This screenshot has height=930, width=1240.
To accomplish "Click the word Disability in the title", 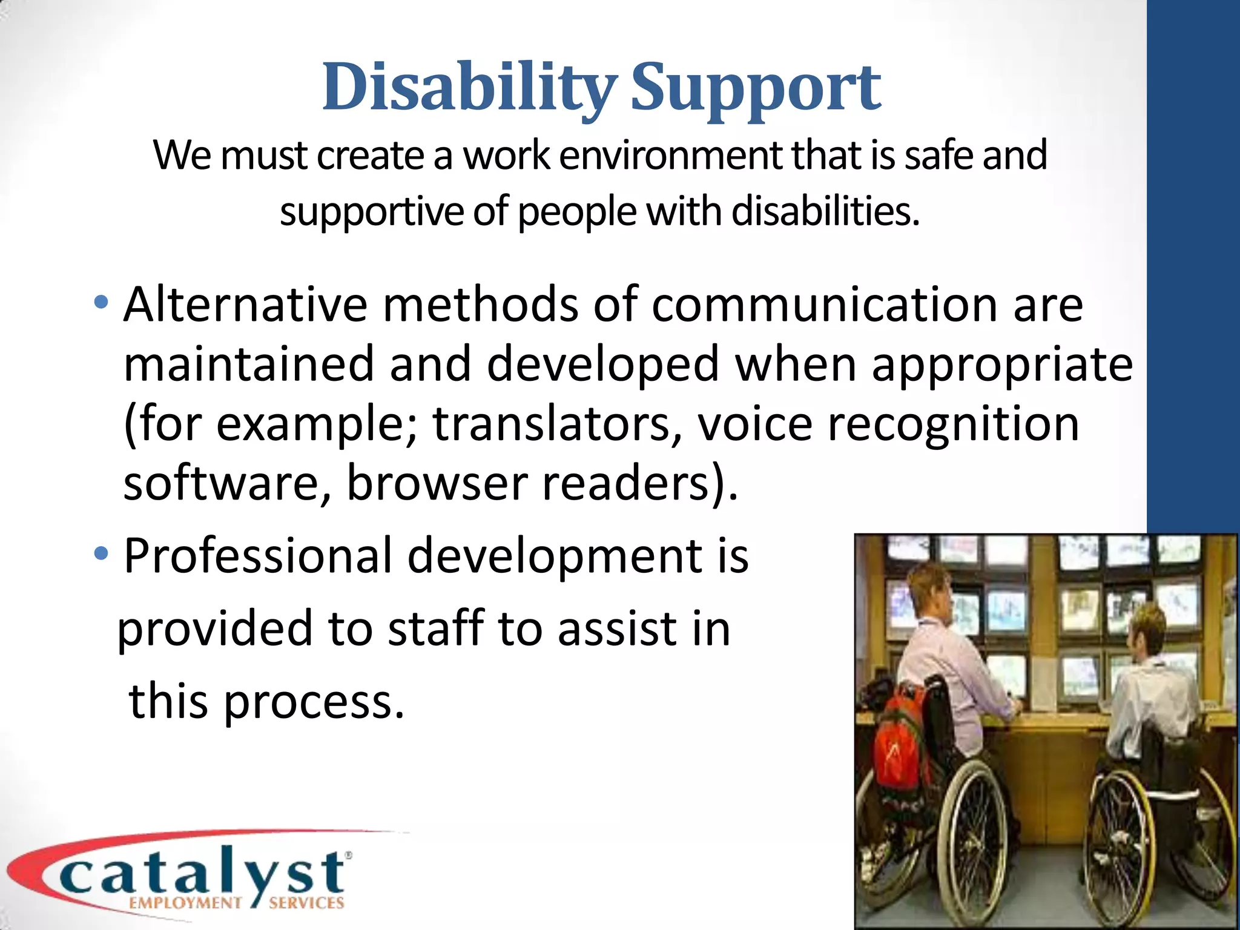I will (469, 88).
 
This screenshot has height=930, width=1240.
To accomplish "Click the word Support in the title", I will (756, 88).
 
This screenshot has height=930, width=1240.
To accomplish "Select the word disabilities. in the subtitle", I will (826, 212).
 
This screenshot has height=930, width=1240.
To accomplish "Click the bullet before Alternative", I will (101, 302).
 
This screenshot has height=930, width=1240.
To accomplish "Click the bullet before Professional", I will (101, 552).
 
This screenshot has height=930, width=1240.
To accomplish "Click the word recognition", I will (953, 424).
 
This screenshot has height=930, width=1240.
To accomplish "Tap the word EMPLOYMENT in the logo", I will (185, 903).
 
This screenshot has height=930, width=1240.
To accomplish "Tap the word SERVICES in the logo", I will (306, 903).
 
